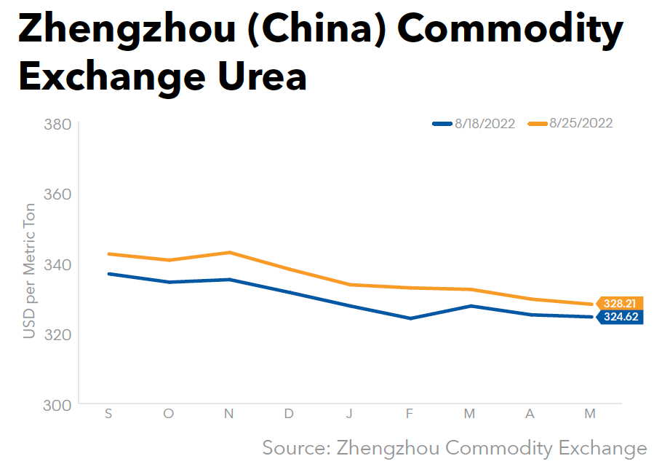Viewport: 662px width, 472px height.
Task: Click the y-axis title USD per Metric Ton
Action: (x=29, y=264)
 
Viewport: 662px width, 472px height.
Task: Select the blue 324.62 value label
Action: (x=621, y=317)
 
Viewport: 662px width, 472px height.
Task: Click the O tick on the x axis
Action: (x=169, y=414)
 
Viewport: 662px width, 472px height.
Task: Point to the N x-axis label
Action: (x=229, y=414)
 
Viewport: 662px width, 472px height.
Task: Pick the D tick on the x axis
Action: (x=289, y=414)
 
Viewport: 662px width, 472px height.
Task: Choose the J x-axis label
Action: (x=349, y=414)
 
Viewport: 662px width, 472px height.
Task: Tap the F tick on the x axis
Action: (x=410, y=414)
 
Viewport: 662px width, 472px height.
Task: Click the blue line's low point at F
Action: (x=410, y=318)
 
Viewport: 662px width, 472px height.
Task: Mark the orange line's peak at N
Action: (x=229, y=252)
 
